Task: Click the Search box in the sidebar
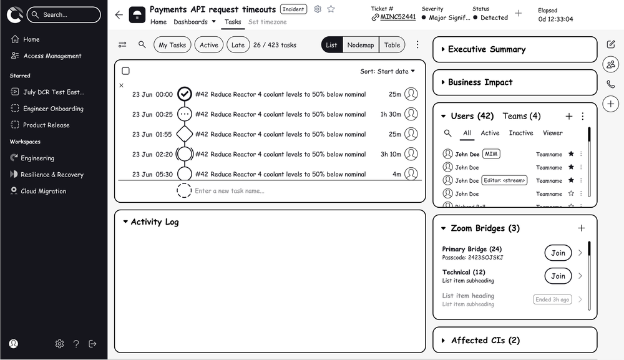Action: click(63, 14)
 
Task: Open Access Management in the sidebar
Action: click(52, 56)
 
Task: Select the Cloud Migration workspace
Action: click(43, 191)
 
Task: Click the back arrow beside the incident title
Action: click(119, 15)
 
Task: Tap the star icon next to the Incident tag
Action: click(331, 9)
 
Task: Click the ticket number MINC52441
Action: click(397, 17)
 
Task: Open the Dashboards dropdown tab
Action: click(194, 22)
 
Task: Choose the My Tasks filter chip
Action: click(172, 45)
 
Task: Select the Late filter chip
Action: click(238, 45)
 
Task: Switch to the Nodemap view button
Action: click(361, 45)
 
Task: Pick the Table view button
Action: click(392, 45)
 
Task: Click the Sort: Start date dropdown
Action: click(388, 71)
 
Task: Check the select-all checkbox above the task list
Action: click(125, 71)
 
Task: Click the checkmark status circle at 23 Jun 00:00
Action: click(184, 94)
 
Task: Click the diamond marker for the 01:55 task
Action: click(184, 134)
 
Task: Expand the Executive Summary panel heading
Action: click(487, 49)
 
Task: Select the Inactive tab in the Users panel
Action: click(520, 133)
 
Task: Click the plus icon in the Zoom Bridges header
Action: click(582, 228)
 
